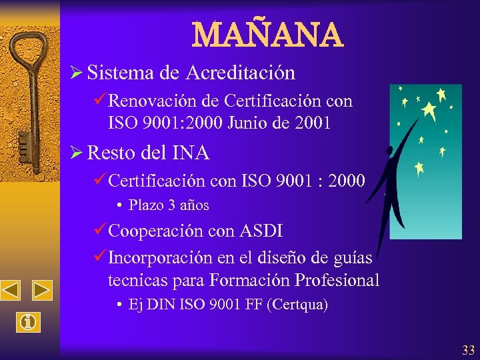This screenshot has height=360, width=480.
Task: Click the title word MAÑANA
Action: click(x=267, y=35)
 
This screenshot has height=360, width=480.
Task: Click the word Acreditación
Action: click(x=241, y=72)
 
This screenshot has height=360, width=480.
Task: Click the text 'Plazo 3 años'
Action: click(x=169, y=205)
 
